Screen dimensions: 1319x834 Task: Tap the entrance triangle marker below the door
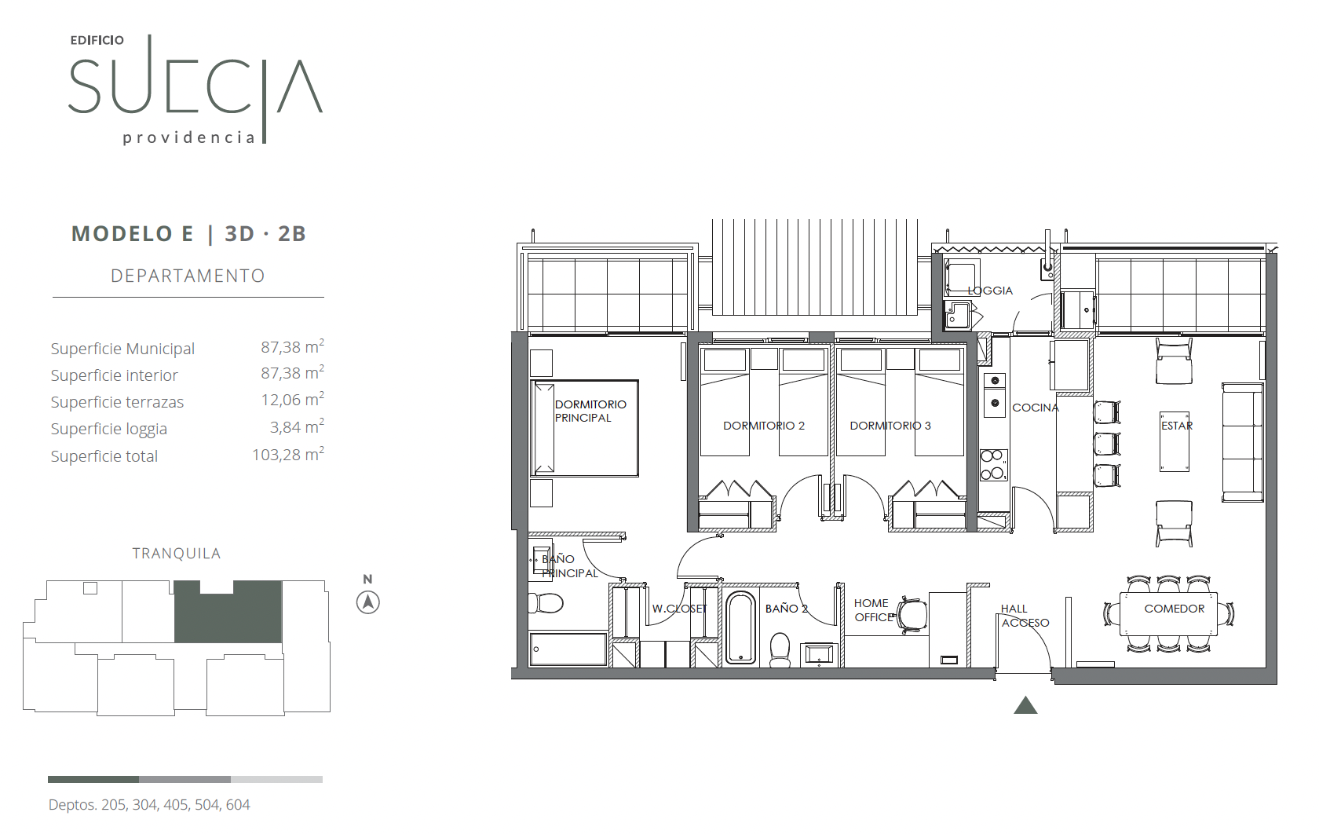pyautogui.click(x=1025, y=705)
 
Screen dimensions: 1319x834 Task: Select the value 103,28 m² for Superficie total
pyautogui.click(x=288, y=454)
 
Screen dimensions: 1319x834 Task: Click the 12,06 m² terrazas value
pyautogui.click(x=293, y=399)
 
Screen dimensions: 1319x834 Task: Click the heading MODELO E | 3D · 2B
pyautogui.click(x=188, y=234)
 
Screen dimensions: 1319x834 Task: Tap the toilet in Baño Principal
pyautogui.click(x=545, y=603)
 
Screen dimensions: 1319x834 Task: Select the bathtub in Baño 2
pyautogui.click(x=740, y=628)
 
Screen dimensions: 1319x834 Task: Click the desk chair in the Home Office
pyautogui.click(x=912, y=616)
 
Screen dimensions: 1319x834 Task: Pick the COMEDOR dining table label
pyautogui.click(x=1175, y=609)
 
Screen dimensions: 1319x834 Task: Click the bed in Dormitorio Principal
pyautogui.click(x=584, y=428)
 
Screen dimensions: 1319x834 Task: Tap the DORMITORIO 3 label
pyautogui.click(x=890, y=426)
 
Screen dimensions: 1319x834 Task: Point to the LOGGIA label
pyautogui.click(x=990, y=291)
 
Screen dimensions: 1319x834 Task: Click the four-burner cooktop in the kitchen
pyautogui.click(x=993, y=465)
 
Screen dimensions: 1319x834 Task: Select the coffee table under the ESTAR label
pyautogui.click(x=1175, y=441)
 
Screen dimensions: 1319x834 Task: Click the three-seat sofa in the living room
pyautogui.click(x=1242, y=442)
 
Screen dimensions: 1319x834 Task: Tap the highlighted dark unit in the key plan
pyautogui.click(x=228, y=611)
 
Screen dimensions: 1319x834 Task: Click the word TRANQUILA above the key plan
pyautogui.click(x=176, y=554)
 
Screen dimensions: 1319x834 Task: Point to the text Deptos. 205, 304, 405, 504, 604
pyautogui.click(x=149, y=804)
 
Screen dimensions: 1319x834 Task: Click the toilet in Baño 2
pyautogui.click(x=780, y=649)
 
